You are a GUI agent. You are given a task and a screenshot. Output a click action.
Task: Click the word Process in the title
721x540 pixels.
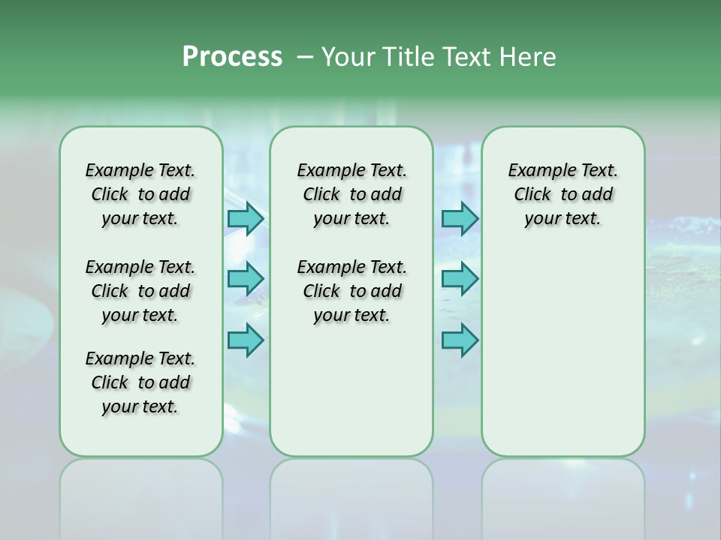point(232,57)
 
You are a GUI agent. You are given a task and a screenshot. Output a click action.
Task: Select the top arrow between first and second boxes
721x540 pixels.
point(246,218)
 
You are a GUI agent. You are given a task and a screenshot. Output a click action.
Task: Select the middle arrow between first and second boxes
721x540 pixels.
point(246,279)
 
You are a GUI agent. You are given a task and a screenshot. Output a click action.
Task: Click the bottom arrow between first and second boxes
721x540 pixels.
point(246,340)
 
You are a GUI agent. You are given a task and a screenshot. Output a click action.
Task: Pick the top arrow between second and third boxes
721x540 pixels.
point(460,218)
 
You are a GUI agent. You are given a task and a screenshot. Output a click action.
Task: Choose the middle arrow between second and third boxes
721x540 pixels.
point(460,279)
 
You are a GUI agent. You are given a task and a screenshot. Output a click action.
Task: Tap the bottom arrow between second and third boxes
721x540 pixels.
point(460,340)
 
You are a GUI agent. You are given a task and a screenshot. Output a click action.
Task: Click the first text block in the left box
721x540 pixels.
point(140,194)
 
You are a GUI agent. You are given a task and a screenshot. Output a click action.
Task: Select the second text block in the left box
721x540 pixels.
point(140,291)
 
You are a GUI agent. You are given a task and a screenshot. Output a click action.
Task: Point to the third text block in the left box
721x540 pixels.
point(140,382)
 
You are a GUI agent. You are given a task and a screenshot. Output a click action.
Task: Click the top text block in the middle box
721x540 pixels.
point(351,194)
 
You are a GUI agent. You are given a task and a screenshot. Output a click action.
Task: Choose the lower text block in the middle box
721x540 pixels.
point(351,291)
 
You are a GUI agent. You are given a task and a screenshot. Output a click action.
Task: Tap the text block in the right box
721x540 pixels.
point(563,194)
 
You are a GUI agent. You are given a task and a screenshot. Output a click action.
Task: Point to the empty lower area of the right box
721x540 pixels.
point(563,352)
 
